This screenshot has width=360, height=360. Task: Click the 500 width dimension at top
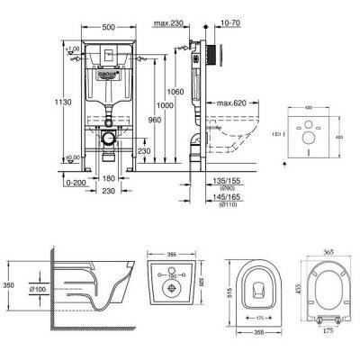[x=107, y=28]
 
